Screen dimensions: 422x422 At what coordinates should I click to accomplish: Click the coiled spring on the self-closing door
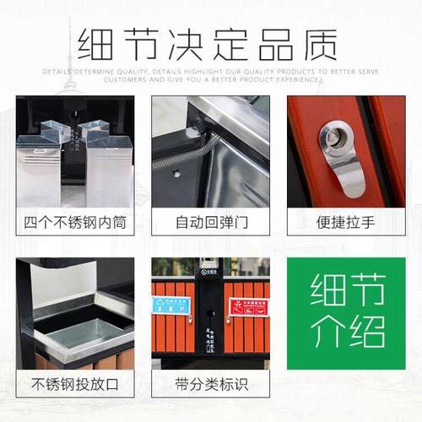pyautogui.click(x=190, y=153)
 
